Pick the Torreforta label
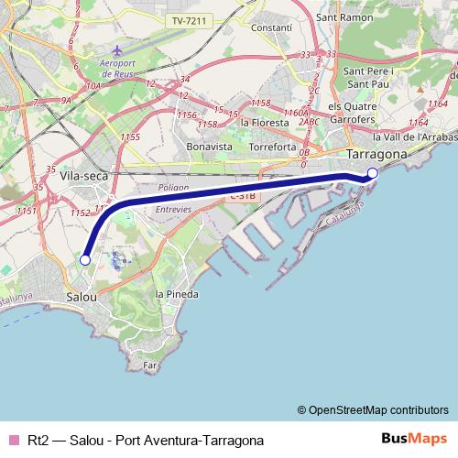point(271,146)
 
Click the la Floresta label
point(270,120)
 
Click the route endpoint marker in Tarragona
point(372,173)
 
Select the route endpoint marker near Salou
point(84,260)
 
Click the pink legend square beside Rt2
point(13,441)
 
